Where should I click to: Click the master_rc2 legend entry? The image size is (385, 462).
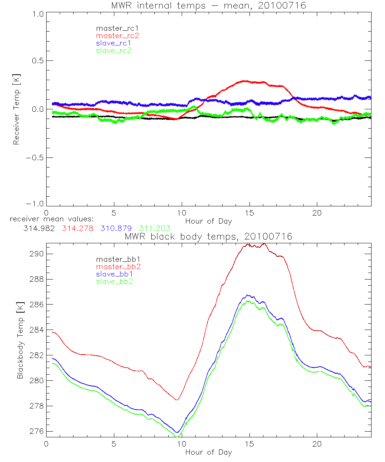click(x=117, y=35)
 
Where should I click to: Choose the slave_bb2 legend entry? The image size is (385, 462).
click(x=115, y=282)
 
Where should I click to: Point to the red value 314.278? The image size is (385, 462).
click(x=77, y=228)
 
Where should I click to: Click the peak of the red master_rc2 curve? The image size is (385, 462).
click(x=244, y=81)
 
